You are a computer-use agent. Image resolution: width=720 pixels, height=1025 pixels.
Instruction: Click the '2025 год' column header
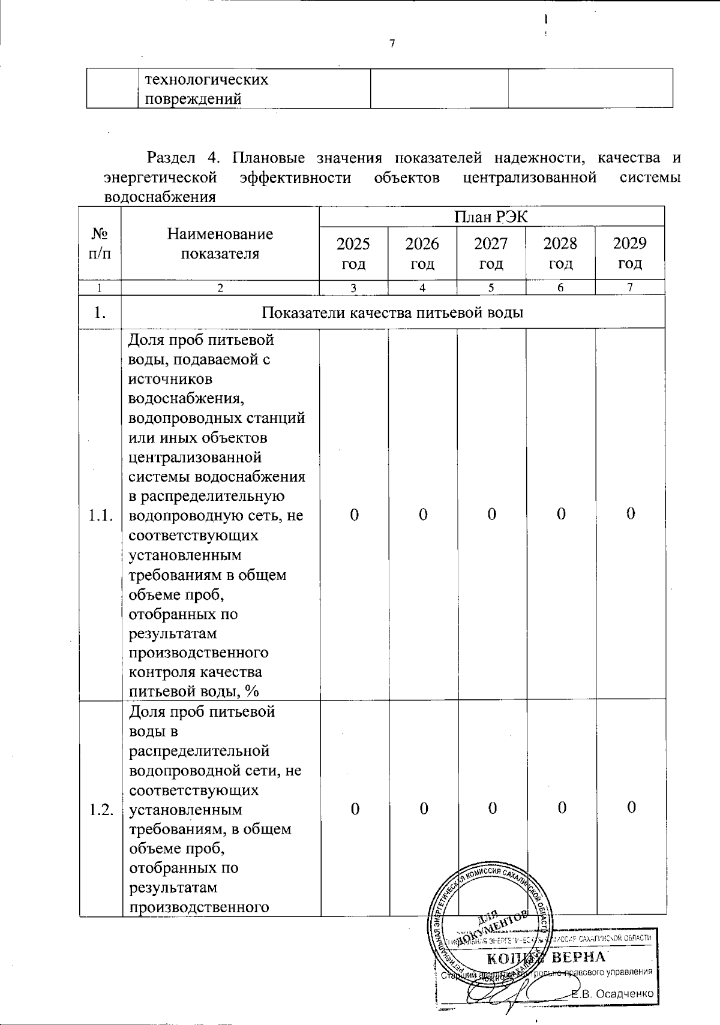coord(353,253)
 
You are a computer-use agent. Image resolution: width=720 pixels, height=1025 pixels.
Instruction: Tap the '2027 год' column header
coord(491,253)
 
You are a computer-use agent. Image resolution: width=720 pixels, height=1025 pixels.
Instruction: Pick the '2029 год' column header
coord(630,253)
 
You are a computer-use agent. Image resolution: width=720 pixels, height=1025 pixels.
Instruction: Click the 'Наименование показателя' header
coord(220,244)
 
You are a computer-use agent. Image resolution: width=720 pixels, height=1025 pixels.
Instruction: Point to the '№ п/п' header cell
coord(100,244)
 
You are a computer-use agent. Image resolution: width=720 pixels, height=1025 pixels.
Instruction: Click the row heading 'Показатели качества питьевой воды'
coord(393,312)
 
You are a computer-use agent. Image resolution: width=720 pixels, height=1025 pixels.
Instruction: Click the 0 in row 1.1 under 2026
coord(423,515)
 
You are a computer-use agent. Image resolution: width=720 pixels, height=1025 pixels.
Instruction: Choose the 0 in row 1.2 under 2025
coord(355,809)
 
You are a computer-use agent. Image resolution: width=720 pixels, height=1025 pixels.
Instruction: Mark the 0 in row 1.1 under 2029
coord(631,515)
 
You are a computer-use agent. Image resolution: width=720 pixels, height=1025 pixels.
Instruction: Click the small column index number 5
coord(491,288)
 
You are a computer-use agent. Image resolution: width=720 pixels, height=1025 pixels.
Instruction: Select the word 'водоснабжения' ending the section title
coord(160,197)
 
